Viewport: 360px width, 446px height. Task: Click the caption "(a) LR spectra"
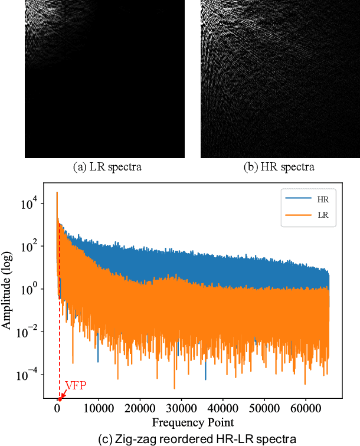click(107, 167)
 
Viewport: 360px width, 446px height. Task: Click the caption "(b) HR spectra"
click(279, 167)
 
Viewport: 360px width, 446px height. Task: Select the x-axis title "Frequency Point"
click(192, 422)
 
